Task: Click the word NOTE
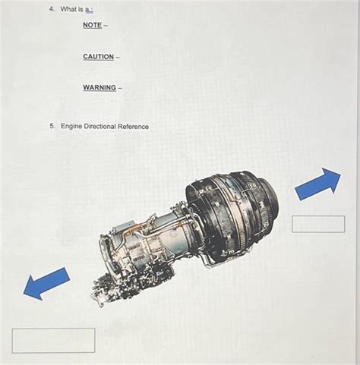coord(93,25)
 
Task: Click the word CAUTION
coord(99,57)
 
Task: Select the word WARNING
coord(99,87)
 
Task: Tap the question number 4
coord(52,9)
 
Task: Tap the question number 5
coord(52,126)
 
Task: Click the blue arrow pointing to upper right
coord(317,184)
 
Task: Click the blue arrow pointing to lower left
coord(46,282)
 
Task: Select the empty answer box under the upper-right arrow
coord(318,223)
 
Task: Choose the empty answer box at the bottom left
coord(53,340)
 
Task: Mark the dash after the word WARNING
coord(120,87)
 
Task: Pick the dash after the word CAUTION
coord(118,57)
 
